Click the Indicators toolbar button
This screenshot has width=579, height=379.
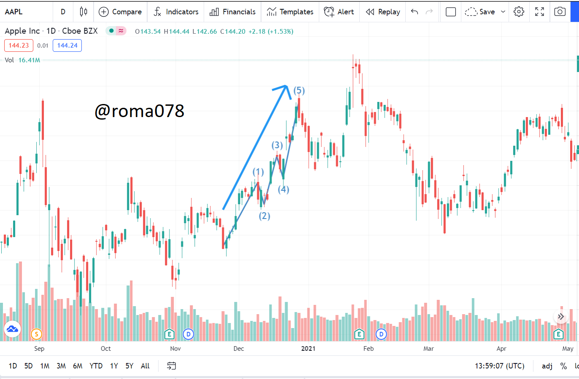coord(176,12)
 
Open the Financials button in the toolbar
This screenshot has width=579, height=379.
coord(232,12)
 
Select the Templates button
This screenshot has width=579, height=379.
coord(290,12)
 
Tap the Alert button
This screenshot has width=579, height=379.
coord(339,12)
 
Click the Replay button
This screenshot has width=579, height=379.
coord(383,12)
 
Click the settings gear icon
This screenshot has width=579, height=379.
coord(519,12)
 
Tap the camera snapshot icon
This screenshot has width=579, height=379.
coord(560,12)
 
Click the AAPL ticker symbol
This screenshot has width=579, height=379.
coord(13,12)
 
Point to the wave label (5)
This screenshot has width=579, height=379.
coord(299,91)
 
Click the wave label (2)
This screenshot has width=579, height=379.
coord(264,216)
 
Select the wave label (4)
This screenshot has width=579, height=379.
coord(283,189)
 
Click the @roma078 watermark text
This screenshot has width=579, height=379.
coord(140,111)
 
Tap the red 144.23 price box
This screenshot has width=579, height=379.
coord(19,45)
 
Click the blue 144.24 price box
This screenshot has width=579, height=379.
coord(67,45)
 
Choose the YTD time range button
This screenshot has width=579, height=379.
coord(96,366)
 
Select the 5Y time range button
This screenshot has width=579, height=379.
coord(129,366)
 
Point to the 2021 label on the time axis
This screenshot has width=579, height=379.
coord(308,349)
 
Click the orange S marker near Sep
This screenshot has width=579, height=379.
coord(36,334)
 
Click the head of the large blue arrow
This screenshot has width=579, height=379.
coord(285,87)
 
